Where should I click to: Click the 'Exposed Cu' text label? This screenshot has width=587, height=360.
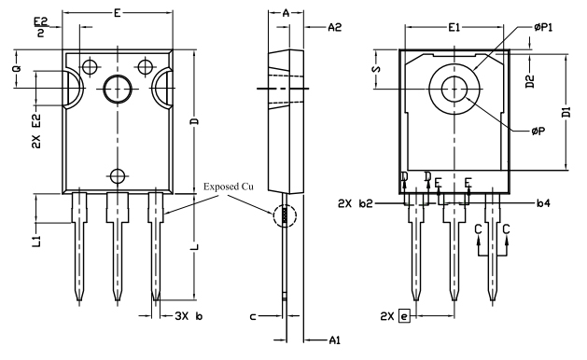tap(229, 187)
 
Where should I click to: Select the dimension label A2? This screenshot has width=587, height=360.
tap(335, 28)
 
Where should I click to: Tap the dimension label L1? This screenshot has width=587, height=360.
tap(35, 242)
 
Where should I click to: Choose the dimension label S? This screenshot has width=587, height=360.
tap(375, 70)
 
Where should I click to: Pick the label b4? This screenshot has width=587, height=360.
tap(543, 201)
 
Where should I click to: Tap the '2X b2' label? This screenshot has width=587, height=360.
tap(356, 202)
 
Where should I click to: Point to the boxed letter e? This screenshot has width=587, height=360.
tap(405, 316)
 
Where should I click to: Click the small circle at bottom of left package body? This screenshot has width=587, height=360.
tap(118, 175)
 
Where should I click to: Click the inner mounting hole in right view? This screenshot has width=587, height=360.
tap(454, 90)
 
